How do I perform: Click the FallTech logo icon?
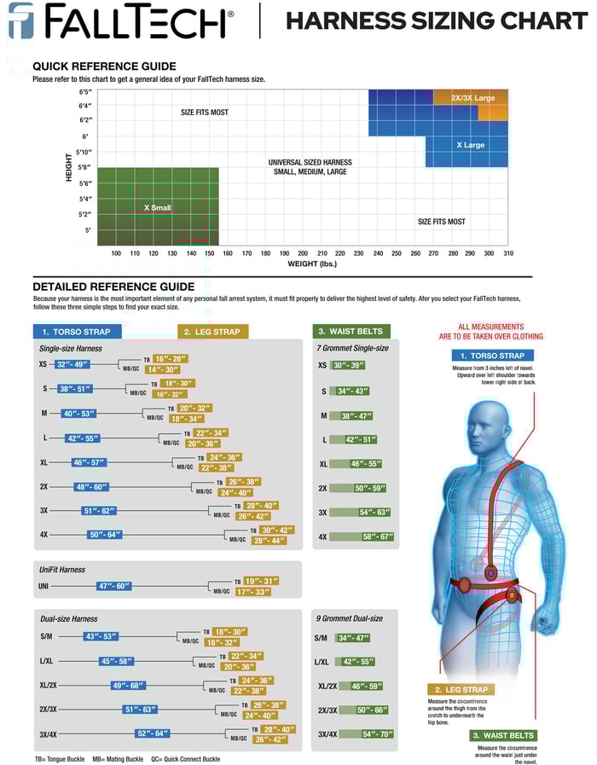coord(21,20)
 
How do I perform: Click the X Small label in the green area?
coord(157,207)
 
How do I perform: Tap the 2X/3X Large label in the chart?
coord(472,98)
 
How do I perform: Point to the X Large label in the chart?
coord(470,145)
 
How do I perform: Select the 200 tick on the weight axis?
coord(303,253)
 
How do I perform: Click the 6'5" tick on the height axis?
coord(85,91)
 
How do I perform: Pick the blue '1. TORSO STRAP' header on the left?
coord(77,332)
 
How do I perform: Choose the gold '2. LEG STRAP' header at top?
coord(213,332)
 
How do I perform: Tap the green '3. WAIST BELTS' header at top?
coord(351,331)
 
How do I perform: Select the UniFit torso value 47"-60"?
coord(114,586)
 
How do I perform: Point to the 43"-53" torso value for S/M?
coord(101,636)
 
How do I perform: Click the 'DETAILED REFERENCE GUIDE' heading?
coord(113,287)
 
